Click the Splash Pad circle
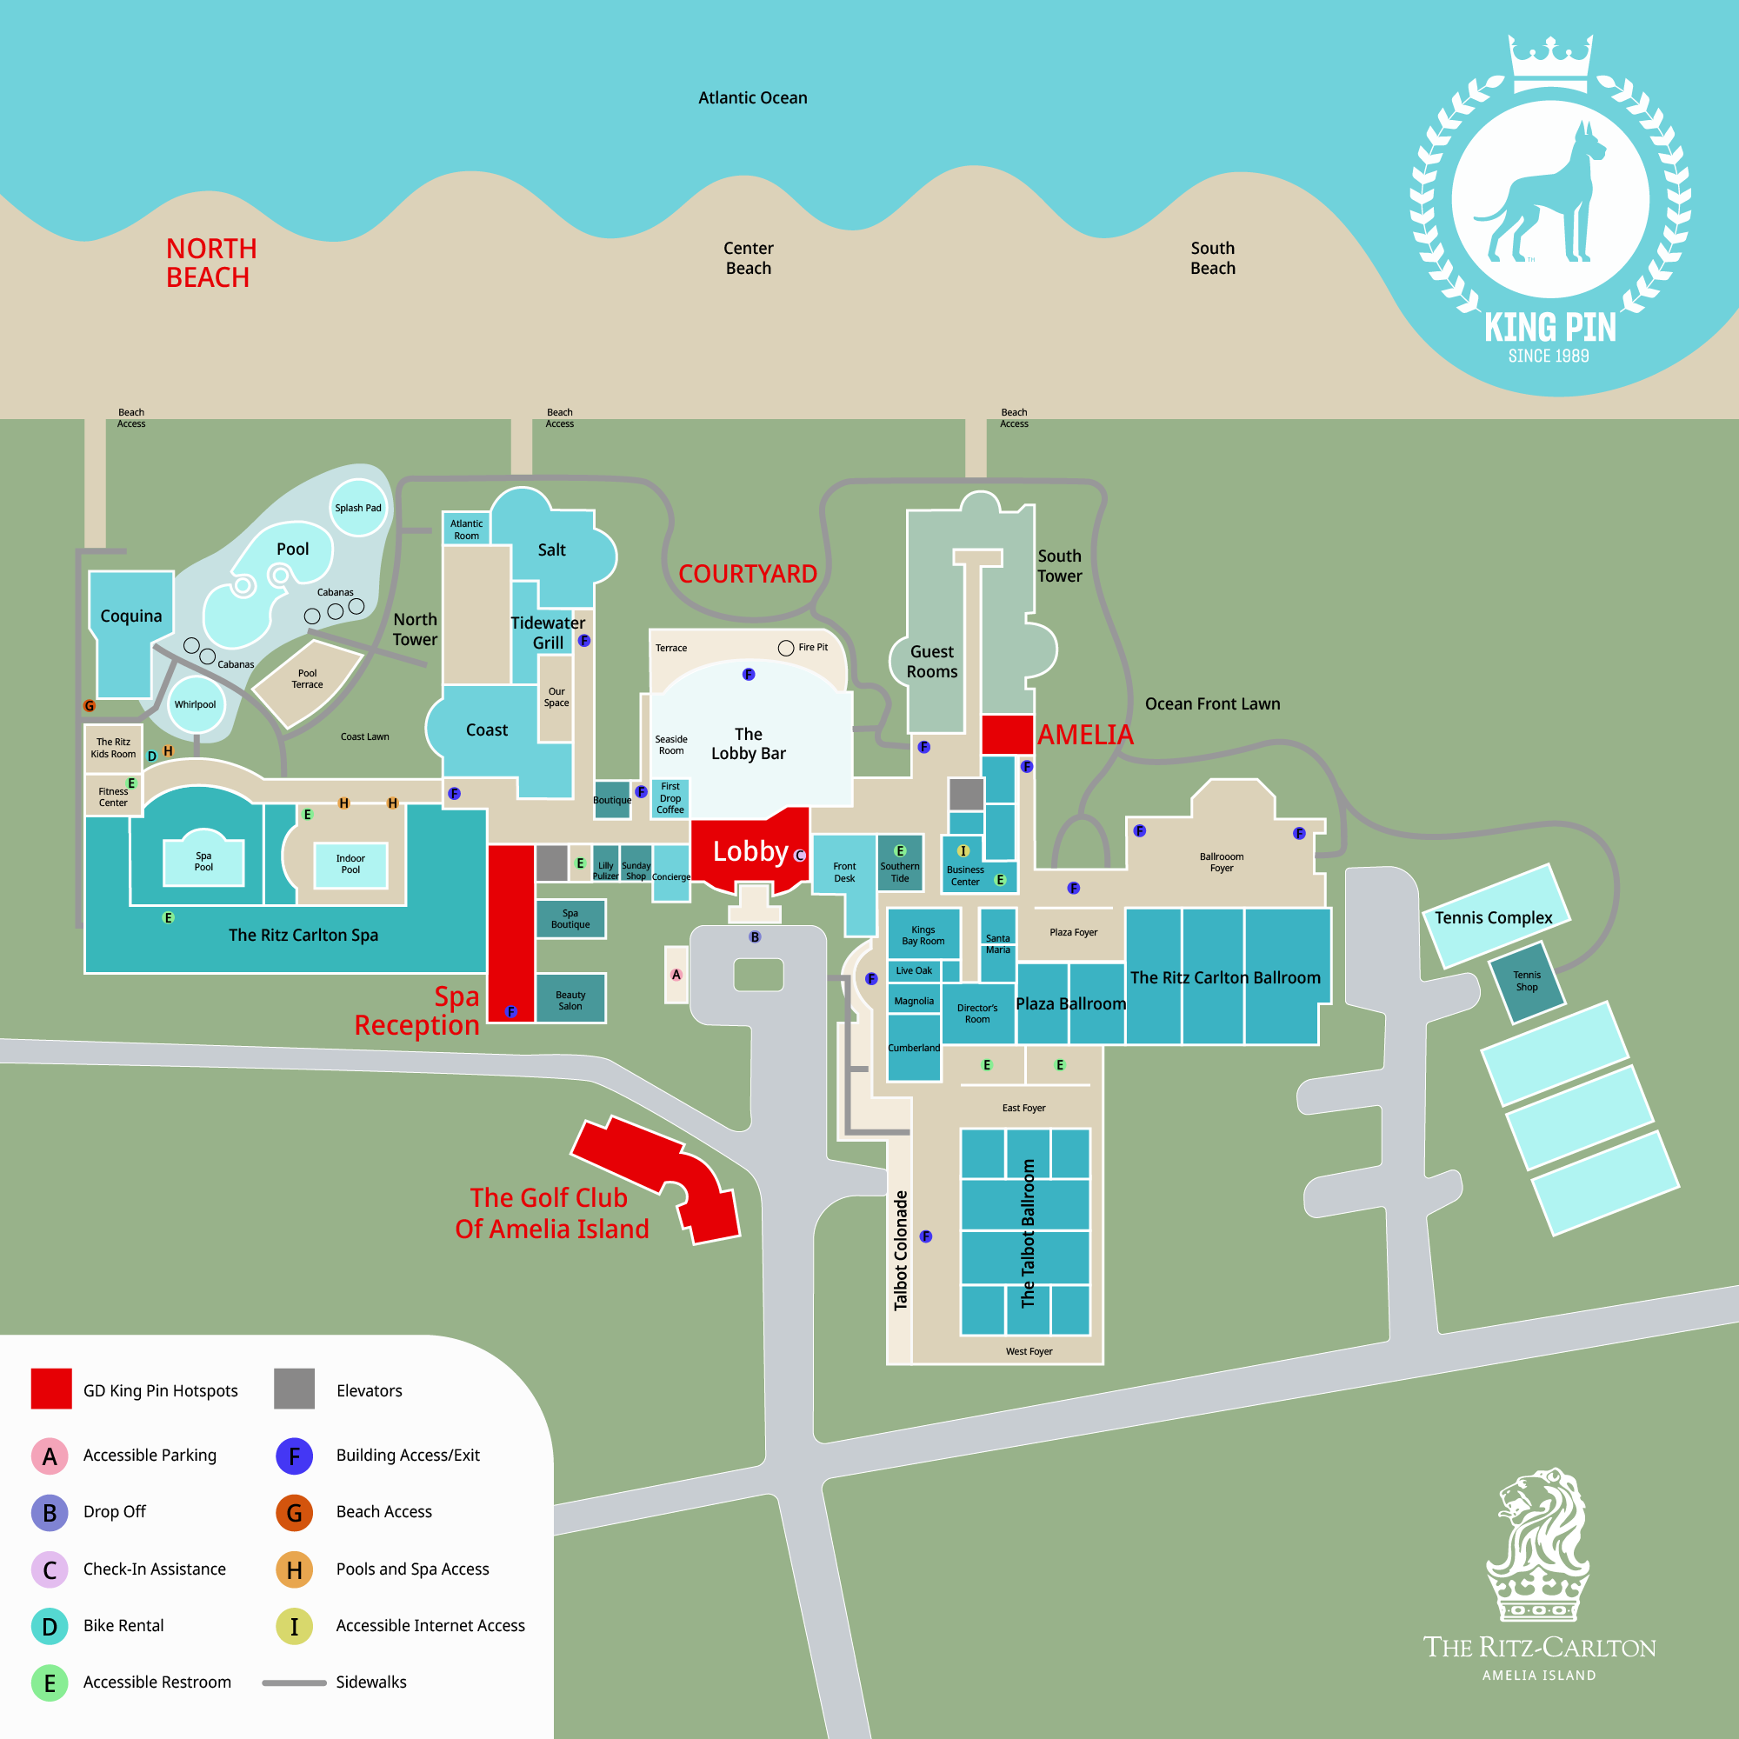click(x=358, y=508)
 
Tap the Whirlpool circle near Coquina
click(x=196, y=705)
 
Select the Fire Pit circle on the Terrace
click(x=786, y=648)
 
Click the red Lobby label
click(x=750, y=850)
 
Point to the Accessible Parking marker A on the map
click(x=676, y=975)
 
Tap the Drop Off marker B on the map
click(x=756, y=937)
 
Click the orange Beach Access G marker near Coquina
click(x=89, y=707)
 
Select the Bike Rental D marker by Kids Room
click(x=152, y=756)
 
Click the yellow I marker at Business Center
click(x=963, y=850)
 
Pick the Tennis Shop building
click(x=1528, y=982)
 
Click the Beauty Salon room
click(x=570, y=998)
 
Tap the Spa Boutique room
click(x=570, y=919)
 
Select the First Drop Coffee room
click(x=670, y=798)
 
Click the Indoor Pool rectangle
click(x=351, y=865)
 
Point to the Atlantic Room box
click(x=466, y=530)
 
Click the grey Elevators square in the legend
click(x=295, y=1389)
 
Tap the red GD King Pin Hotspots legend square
click(x=51, y=1389)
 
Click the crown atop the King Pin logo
click(x=1550, y=63)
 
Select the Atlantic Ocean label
click(x=752, y=98)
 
